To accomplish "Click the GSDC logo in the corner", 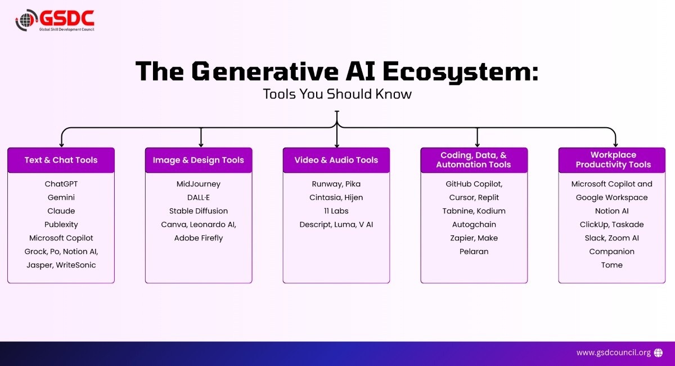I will coord(55,21).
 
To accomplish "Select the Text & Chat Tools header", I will coord(61,160).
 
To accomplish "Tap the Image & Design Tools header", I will coord(199,160).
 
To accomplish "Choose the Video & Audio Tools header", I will coord(336,160).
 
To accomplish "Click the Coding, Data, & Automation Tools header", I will coord(474,160).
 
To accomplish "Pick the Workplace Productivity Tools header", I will coord(613,160).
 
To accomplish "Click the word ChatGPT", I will coord(61,184).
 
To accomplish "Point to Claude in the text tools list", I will coord(61,211).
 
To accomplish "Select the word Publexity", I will coord(61,225).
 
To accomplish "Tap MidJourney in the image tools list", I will coord(199,184).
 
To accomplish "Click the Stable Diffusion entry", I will coord(199,211).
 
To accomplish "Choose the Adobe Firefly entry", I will coord(199,238).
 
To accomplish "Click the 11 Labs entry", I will coord(336,211).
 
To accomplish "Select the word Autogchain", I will coord(474,225).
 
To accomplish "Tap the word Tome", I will coord(612,265).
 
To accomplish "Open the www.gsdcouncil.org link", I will coord(613,352).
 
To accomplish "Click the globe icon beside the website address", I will coord(659,352).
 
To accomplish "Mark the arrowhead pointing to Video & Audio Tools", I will coord(336,145).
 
